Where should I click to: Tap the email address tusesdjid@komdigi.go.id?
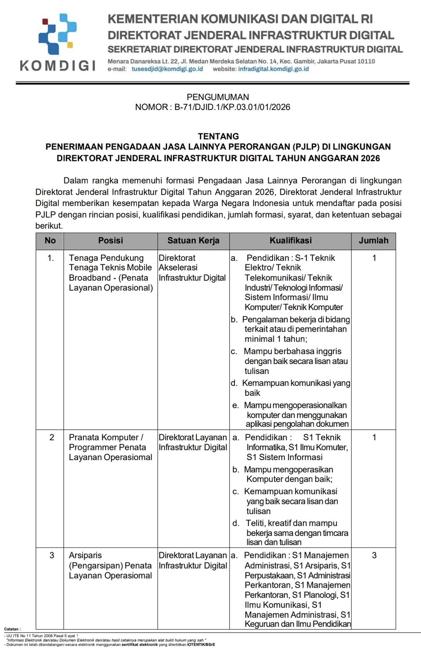(167, 69)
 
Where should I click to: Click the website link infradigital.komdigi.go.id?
(273, 69)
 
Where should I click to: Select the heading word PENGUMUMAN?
(218, 97)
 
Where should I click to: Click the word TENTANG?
(218, 136)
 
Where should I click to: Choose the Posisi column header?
(110, 241)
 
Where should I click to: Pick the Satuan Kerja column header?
(193, 241)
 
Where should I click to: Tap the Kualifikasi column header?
(290, 241)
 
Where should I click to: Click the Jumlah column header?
(373, 241)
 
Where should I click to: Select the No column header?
(50, 241)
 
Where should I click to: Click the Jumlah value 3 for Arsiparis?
(374, 555)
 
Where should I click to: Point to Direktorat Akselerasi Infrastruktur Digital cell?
(192, 268)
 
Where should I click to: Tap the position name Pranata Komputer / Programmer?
(107, 442)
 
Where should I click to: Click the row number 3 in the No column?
(52, 555)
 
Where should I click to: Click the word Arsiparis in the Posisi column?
(85, 555)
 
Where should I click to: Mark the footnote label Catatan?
(12, 629)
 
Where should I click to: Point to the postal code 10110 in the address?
(365, 62)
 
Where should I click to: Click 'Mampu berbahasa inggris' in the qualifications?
(293, 351)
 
